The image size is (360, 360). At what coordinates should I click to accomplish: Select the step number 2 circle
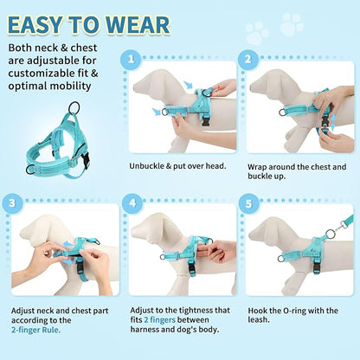(x=247, y=61)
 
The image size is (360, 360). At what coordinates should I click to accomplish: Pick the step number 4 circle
(x=132, y=205)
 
